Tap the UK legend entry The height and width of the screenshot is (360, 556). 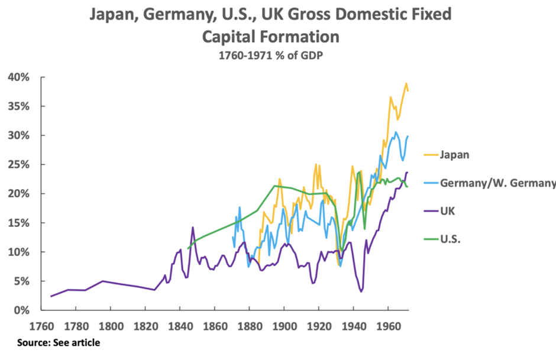pyautogui.click(x=448, y=210)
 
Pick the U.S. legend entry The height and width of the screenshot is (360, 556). pyautogui.click(x=450, y=239)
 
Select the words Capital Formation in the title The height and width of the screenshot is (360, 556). pyautogui.click(x=271, y=37)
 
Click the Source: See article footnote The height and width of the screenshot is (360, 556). pyautogui.click(x=59, y=343)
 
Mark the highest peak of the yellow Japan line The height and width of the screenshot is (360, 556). pyautogui.click(x=406, y=83)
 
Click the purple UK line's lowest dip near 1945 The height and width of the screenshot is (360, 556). pyautogui.click(x=361, y=291)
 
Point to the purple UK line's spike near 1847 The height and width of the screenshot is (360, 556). pyautogui.click(x=193, y=227)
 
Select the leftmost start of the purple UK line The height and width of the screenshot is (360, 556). pyautogui.click(x=51, y=296)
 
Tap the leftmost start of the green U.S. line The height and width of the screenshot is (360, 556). pyautogui.click(x=188, y=248)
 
